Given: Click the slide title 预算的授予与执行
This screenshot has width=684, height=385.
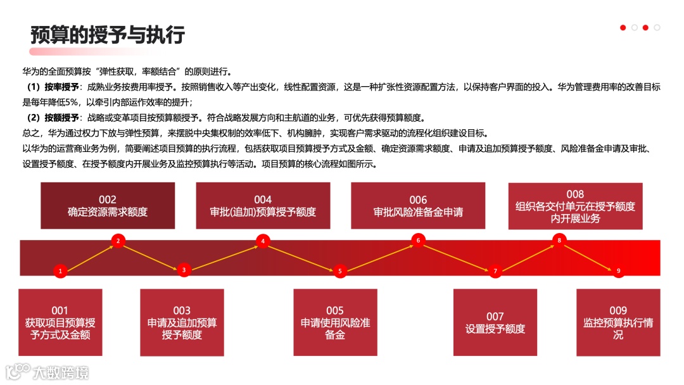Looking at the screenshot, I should tap(108, 35).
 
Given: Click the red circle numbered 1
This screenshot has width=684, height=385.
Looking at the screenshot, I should tap(60, 271).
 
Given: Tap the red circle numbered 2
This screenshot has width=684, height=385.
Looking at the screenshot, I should tap(118, 240).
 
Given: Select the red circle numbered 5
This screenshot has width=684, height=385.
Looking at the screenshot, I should tap(339, 271).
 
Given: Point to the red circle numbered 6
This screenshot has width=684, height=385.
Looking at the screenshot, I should tap(418, 240).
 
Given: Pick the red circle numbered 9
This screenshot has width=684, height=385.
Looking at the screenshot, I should tap(618, 271).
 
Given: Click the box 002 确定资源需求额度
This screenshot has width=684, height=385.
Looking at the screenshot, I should tap(108, 206).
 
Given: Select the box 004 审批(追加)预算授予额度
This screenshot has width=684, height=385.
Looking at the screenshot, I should tap(263, 206).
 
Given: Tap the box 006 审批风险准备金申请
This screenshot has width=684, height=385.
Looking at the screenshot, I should tap(418, 206).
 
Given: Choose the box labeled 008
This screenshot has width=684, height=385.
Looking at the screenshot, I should tap(575, 206).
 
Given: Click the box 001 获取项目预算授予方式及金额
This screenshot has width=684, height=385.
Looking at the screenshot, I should tap(60, 322).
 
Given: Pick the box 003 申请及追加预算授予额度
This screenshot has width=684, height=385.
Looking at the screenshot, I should tap(182, 322).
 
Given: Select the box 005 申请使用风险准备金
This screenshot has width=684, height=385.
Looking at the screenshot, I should tap(335, 322).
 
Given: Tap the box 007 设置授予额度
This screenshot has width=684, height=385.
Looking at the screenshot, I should tap(495, 322).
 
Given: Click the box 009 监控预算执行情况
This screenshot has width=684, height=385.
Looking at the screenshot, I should tap(618, 322).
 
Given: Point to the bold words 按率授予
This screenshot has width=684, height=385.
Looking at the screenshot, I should tap(61, 87).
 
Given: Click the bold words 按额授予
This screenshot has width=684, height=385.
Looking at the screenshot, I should tap(61, 118).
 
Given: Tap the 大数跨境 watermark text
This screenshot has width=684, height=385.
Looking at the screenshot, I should tap(61, 372).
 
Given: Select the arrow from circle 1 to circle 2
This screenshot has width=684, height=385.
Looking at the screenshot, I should tap(89, 256).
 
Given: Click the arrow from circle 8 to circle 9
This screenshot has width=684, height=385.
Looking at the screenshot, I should tap(589, 256).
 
